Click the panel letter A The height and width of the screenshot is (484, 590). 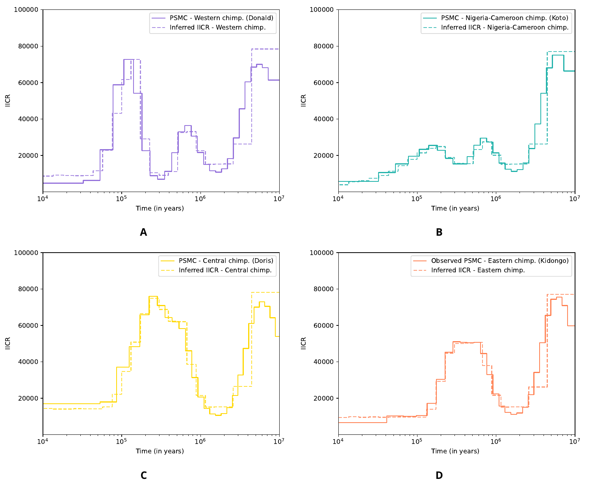coord(143,233)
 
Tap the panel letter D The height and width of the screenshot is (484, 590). coord(439,476)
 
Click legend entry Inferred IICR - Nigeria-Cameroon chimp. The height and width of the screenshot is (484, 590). coord(505,28)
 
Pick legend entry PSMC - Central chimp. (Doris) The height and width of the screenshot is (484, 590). coord(226,260)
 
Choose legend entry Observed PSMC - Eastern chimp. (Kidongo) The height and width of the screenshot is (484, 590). coord(500,260)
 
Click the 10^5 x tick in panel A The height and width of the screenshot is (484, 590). coord(121,198)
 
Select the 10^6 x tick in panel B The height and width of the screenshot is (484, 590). coord(495,198)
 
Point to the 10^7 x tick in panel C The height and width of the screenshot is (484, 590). coord(279,441)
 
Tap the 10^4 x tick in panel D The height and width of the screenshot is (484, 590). coord(338,441)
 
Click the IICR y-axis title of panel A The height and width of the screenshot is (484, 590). coord(8,100)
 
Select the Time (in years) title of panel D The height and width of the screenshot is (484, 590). coord(455,451)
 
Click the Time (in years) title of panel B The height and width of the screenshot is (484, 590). coord(455,209)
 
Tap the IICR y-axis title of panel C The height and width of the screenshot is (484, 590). coord(8,344)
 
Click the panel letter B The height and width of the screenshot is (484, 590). coord(439,233)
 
